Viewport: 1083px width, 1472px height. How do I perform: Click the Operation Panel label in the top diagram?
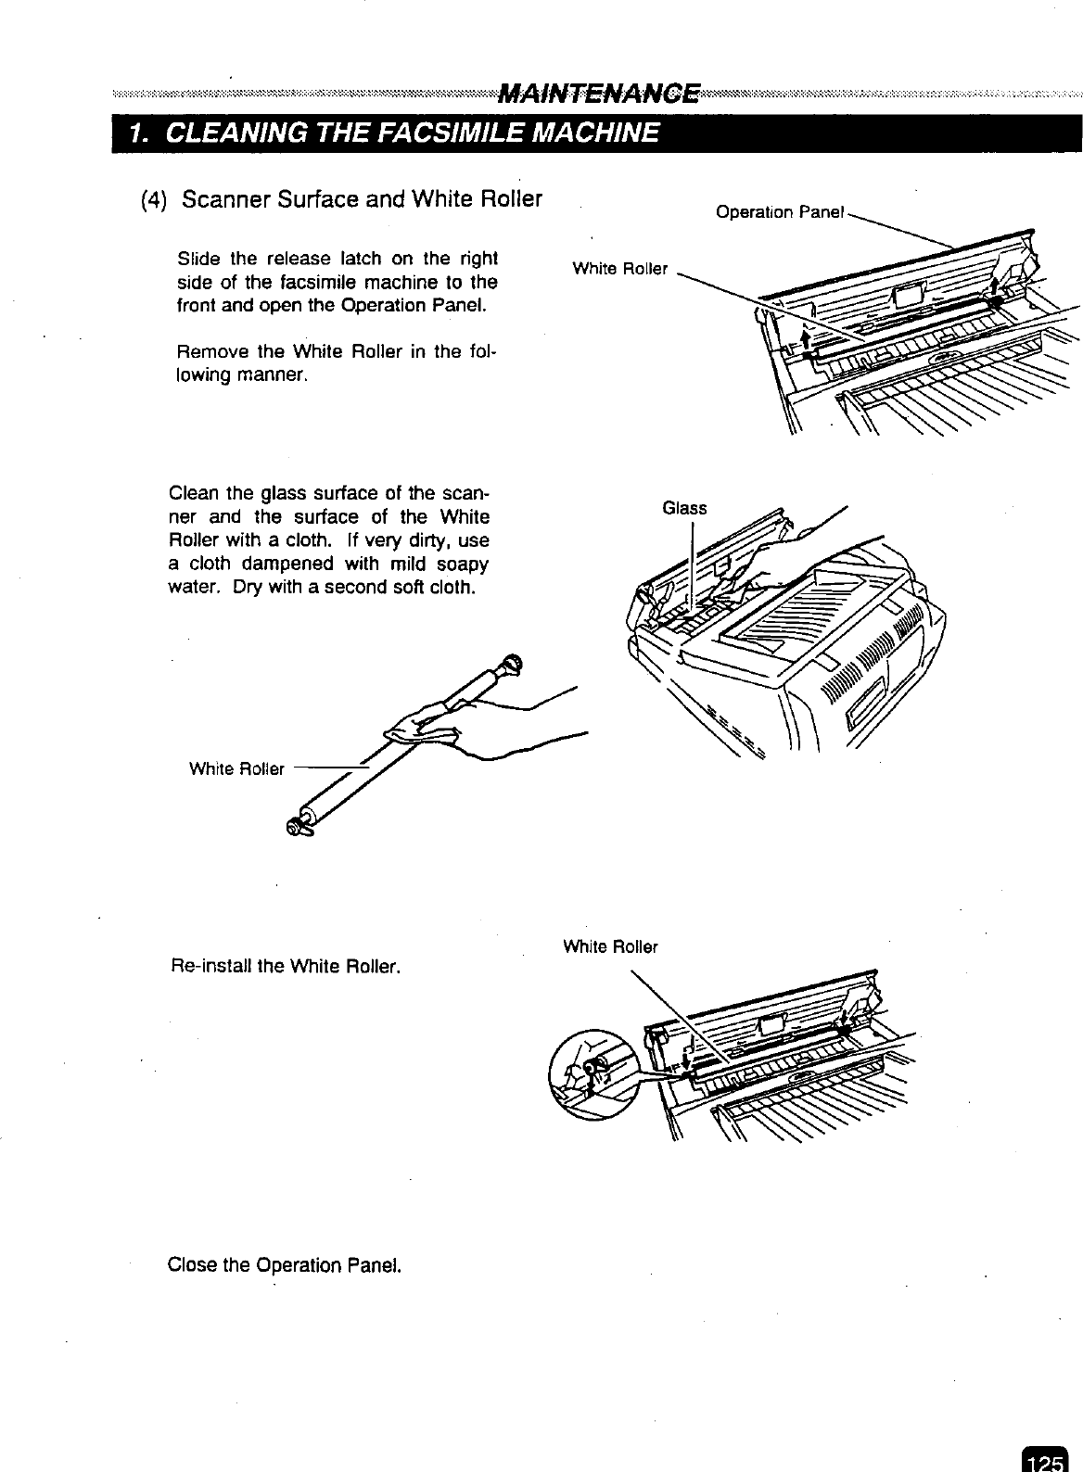pos(780,212)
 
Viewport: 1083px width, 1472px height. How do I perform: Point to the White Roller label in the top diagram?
pos(619,269)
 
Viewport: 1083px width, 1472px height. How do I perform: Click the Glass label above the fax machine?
pos(684,508)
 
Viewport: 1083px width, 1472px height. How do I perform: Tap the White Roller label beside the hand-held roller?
pos(236,768)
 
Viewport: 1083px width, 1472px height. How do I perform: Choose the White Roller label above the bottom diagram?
pos(610,946)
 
